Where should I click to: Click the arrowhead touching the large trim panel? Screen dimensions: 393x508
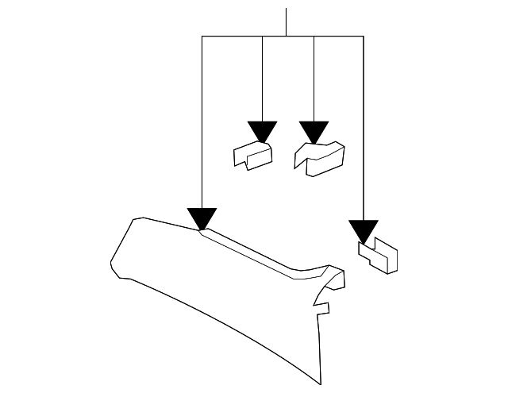click(x=202, y=218)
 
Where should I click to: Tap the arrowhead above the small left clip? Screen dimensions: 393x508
click(x=261, y=131)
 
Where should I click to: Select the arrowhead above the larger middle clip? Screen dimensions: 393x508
click(x=314, y=131)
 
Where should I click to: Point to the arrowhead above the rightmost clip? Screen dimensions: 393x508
click(x=364, y=230)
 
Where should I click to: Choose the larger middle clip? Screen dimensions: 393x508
click(x=319, y=156)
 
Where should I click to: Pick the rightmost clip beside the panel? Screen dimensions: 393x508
click(x=379, y=256)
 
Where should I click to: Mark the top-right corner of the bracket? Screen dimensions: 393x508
click(x=364, y=37)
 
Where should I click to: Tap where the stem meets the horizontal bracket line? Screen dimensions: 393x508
click(x=285, y=37)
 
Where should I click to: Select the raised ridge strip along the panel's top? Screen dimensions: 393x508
click(x=254, y=254)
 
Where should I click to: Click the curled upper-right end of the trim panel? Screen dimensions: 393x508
click(x=337, y=274)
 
